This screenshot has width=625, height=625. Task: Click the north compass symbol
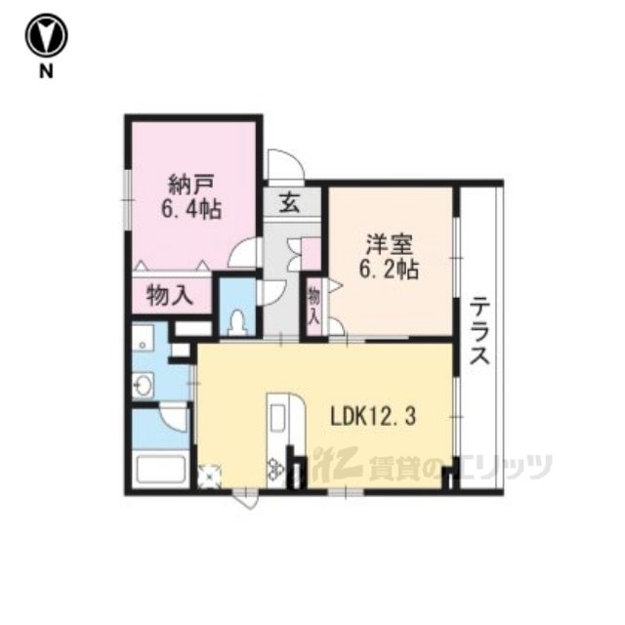pos(46,35)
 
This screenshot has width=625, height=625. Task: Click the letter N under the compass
pos(46,71)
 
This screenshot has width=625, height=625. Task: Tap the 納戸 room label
pos(191,186)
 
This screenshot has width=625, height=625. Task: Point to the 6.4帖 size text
pos(191,209)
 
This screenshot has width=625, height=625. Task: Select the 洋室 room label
pos(389,245)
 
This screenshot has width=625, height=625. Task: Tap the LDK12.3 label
pos(373,417)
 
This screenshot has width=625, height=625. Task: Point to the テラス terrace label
pos(479,331)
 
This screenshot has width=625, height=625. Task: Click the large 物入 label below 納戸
pos(170,295)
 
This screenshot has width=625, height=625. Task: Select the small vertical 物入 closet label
pos(314,306)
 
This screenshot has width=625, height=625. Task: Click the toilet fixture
pos(238,323)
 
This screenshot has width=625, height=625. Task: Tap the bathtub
pos(161,470)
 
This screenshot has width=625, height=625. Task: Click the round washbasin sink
pos(143,385)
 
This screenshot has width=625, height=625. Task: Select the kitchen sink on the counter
pos(277,418)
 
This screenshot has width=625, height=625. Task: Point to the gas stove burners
pos(275,470)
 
